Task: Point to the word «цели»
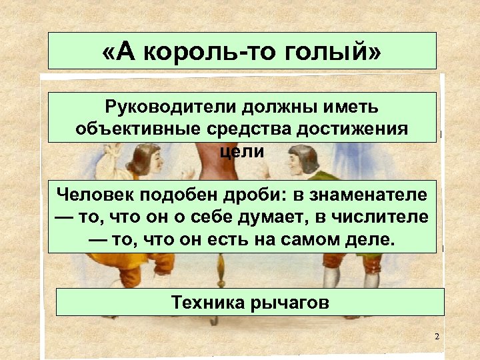[x=242, y=151]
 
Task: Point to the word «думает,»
[x=261, y=217]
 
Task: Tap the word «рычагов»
[x=290, y=303]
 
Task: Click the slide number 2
[x=437, y=337]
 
